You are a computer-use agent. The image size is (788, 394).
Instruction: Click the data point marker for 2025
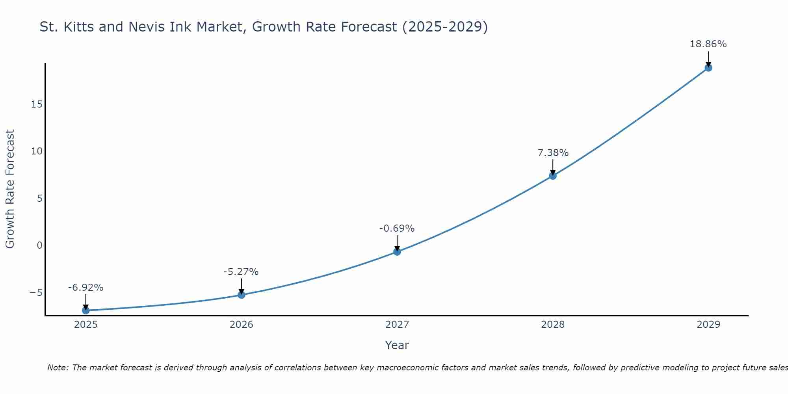[x=86, y=310]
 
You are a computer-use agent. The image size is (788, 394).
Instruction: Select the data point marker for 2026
[x=242, y=295]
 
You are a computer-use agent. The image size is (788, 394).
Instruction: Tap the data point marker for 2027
[x=397, y=251]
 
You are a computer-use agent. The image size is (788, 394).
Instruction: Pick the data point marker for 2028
[x=553, y=176]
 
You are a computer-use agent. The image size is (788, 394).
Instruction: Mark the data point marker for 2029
[x=708, y=68]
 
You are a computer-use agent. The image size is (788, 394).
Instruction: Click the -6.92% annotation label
[x=86, y=288]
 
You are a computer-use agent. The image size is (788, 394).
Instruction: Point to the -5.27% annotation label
[x=241, y=272]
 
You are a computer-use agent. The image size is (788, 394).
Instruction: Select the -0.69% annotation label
[x=397, y=229]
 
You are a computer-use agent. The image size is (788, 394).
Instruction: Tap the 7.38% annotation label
[x=553, y=153]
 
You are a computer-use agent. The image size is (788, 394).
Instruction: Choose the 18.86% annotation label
[x=708, y=44]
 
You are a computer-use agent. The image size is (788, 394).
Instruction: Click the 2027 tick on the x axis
[x=397, y=325]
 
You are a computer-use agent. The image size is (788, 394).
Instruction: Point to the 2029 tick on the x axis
[x=708, y=325]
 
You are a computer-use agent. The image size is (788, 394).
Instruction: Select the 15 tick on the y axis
[x=37, y=104]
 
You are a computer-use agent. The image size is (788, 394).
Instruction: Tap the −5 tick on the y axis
[x=36, y=292]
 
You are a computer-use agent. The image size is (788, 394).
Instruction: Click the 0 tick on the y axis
[x=39, y=245]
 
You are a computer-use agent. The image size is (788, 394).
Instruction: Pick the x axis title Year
[x=397, y=345]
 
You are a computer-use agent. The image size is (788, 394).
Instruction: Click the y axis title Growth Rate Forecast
[x=10, y=189]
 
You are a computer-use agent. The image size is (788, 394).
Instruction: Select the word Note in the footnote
[x=58, y=368]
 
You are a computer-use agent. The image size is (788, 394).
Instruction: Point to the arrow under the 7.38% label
[x=553, y=167]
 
